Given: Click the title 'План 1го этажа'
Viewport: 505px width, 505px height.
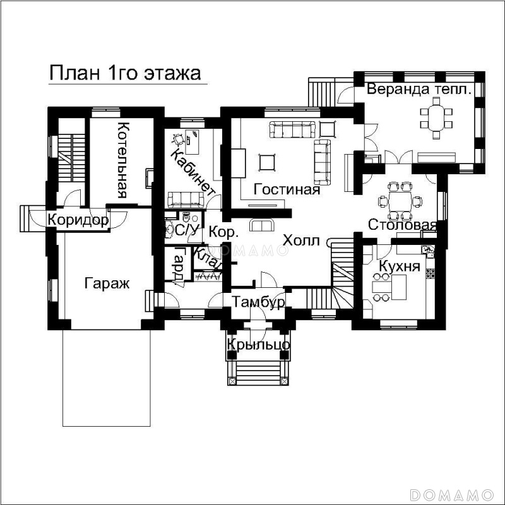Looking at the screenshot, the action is coord(125,73).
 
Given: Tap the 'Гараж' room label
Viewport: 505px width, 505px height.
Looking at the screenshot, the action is coord(107,283).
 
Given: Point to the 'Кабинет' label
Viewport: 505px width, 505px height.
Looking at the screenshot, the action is coord(191,172).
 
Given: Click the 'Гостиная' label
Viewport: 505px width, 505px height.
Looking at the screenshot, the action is coord(287,189).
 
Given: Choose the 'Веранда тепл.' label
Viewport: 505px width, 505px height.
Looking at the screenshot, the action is coord(419,89).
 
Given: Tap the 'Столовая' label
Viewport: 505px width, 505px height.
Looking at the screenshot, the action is coord(402,225).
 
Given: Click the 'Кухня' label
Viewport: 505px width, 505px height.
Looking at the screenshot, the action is coord(400,266).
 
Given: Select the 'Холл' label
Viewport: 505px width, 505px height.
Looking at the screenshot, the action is coord(301,241).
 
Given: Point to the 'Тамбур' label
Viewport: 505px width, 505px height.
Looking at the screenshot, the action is coord(258,302).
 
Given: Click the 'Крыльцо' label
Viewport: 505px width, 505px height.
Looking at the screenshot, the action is coord(259,344).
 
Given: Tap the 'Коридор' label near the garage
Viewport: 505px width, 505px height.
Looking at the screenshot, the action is coord(78,220).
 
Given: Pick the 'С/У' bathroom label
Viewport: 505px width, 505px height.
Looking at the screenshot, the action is coord(186,230).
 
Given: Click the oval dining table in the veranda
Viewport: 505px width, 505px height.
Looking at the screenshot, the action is coord(436,118).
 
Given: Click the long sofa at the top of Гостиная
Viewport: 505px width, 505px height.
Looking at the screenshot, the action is coord(292,129).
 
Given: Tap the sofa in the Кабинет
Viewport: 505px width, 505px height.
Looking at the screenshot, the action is coord(186,199).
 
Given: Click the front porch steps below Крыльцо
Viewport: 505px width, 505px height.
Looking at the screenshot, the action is coord(258,372).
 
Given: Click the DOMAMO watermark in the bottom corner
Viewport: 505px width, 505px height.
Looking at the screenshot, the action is coord(452,494).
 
